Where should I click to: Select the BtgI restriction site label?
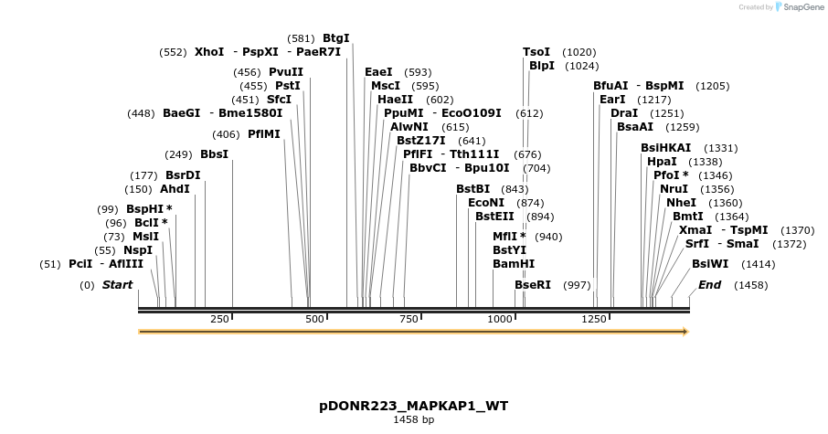coord(335,38)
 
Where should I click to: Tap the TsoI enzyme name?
coord(536,52)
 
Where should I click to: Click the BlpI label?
coord(542,66)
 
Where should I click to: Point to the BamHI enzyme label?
coord(514,264)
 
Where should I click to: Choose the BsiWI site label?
coord(710,264)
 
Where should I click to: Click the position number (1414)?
coord(758,264)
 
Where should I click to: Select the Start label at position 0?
coord(117,285)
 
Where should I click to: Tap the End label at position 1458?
coord(709,285)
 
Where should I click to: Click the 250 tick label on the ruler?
coord(219,319)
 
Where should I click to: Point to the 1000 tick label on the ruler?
coord(500,319)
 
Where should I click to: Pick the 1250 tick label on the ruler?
coord(594,319)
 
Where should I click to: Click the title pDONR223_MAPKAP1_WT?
coord(413,405)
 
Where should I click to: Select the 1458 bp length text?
coord(413,419)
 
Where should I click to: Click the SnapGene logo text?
coord(801,7)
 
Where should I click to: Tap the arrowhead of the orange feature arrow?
coord(685,332)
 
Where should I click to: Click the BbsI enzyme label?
coord(214,154)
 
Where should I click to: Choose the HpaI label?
coord(662,162)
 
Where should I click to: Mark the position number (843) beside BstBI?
coord(515,189)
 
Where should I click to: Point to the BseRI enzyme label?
coord(533,285)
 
